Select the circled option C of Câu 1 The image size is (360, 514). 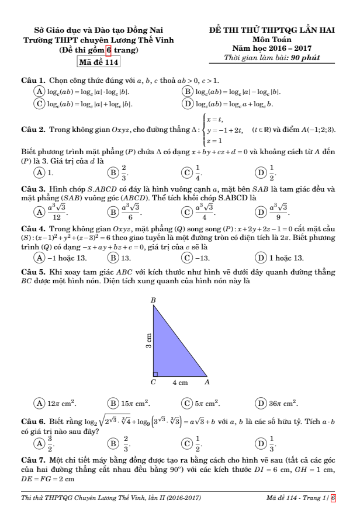40,104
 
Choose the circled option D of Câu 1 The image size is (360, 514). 188,104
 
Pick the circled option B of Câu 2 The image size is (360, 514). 113,173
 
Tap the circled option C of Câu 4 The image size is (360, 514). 188,258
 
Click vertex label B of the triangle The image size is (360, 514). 153,300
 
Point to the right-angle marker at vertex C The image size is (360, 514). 155,374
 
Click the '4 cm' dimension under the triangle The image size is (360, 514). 179,383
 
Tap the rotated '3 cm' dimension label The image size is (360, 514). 148,341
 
